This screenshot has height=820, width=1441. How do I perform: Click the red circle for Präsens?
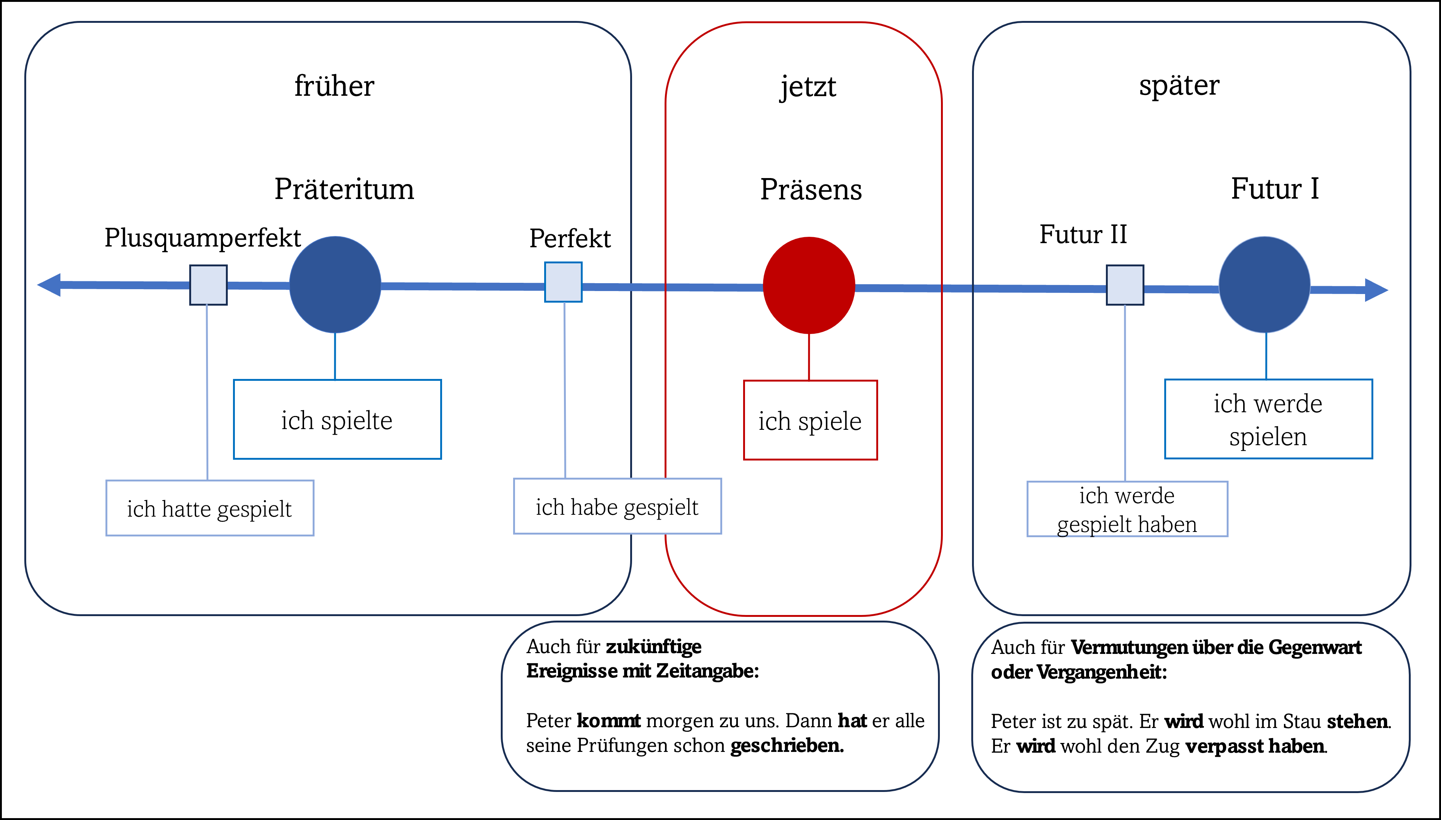pos(809,285)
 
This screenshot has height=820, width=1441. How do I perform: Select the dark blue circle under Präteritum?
pos(335,284)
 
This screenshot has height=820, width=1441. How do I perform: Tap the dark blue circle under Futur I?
pos(1264,284)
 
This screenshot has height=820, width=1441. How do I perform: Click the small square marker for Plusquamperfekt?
pos(208,285)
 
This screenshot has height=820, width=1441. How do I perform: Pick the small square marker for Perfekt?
pos(563,282)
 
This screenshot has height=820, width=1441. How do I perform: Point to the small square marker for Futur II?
pos(1125,285)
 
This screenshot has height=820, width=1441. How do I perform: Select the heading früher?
pos(334,86)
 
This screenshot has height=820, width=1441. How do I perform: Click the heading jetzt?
pos(808,87)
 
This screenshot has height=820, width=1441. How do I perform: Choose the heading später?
pos(1179,86)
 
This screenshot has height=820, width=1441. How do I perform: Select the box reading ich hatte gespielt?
pos(210,508)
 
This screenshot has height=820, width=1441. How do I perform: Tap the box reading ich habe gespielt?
pos(617,506)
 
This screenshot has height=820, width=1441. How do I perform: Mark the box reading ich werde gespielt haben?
pos(1127,509)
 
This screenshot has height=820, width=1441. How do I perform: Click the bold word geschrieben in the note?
pos(787,745)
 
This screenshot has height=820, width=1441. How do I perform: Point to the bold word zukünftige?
pos(653,646)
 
